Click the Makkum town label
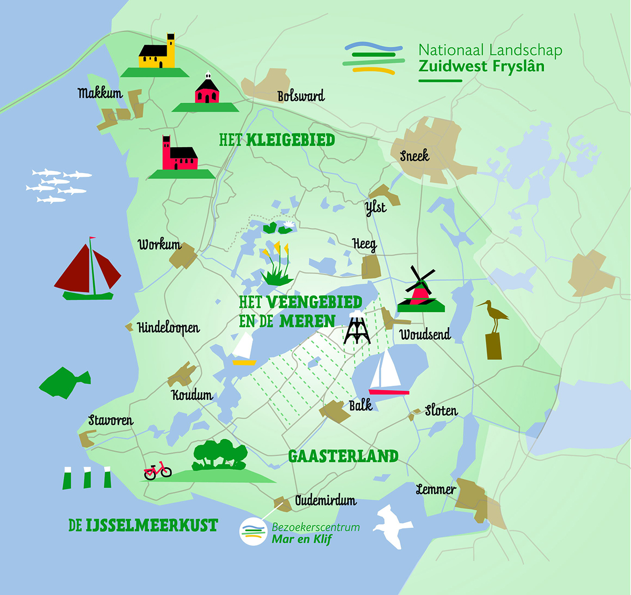pyautogui.click(x=100, y=94)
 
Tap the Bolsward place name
pyautogui.click(x=301, y=96)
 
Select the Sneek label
pyautogui.click(x=414, y=156)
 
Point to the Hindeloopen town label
pyautogui.click(x=168, y=328)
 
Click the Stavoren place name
pyautogui.click(x=110, y=420)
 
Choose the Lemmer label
pyautogui.click(x=435, y=490)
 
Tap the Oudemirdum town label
pyautogui.click(x=325, y=500)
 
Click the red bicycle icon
pyautogui.click(x=158, y=470)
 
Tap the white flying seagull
pyautogui.click(x=392, y=525)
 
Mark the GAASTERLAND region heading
pyautogui.click(x=343, y=456)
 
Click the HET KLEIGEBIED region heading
pyautogui.click(x=277, y=140)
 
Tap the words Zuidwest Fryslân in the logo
pyautogui.click(x=481, y=67)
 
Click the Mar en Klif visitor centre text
pyautogui.click(x=301, y=539)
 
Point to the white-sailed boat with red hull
pyautogui.click(x=388, y=372)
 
